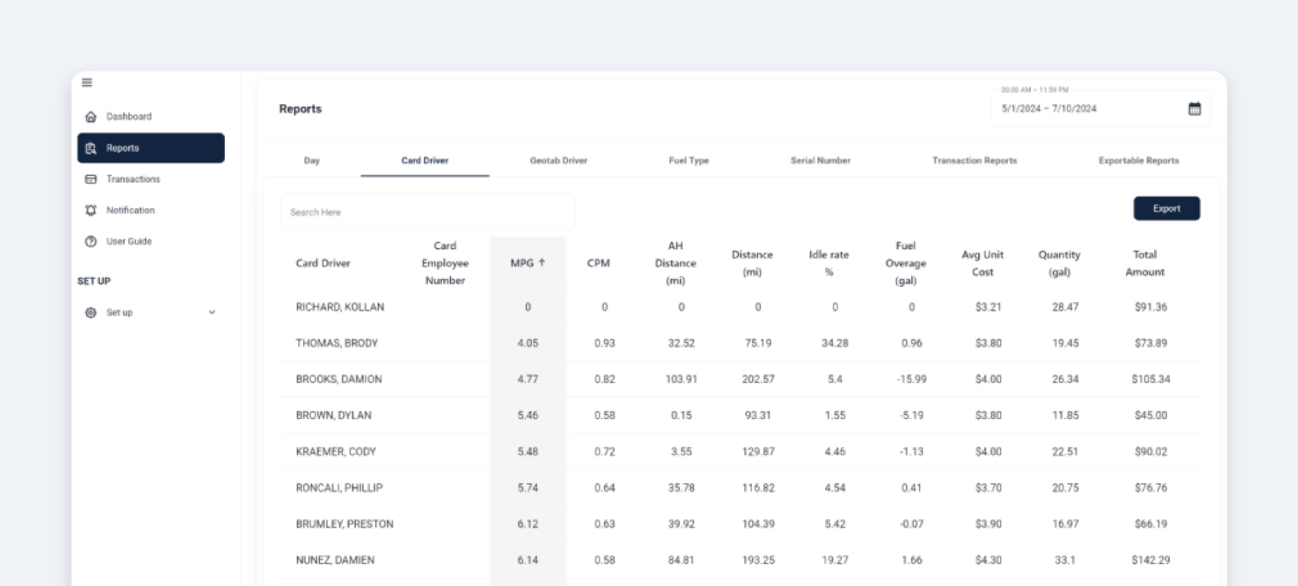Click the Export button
(1166, 208)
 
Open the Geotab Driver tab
(558, 161)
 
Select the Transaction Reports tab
(974, 161)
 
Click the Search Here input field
(427, 212)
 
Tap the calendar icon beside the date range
(1194, 108)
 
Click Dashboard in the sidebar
(128, 116)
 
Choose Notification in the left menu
(130, 210)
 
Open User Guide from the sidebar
(128, 241)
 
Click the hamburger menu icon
(87, 82)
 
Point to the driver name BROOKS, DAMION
(339, 379)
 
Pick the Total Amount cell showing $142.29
(1151, 560)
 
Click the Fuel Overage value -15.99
(911, 379)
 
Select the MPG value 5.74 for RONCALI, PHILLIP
(528, 487)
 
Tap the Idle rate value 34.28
(834, 343)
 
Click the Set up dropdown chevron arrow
(212, 312)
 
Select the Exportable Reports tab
(1138, 161)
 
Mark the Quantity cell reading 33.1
(1065, 560)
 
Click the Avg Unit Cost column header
(982, 263)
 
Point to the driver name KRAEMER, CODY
(336, 451)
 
